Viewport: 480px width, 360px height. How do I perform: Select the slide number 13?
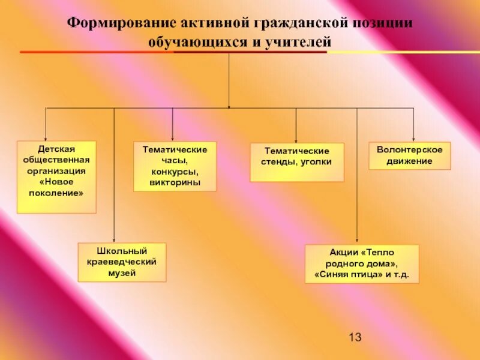coord(355,337)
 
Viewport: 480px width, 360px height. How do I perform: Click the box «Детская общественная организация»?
coord(56,177)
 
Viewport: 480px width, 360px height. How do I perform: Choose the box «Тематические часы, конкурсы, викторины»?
coord(175,166)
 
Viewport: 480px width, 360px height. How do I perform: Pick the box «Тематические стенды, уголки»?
coord(297,162)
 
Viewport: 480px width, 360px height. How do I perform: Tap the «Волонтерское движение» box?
coord(409,155)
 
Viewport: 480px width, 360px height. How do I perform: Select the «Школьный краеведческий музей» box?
coord(122,262)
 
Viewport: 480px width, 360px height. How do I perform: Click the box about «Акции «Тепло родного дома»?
coord(361,264)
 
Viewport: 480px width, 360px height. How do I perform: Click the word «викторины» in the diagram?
coord(175,182)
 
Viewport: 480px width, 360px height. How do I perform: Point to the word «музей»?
coord(122,273)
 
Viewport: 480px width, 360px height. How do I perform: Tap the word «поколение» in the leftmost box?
coord(56,193)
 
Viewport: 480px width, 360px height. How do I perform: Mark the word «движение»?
coord(410,161)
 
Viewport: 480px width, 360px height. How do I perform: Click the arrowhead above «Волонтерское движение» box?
coord(413,138)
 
